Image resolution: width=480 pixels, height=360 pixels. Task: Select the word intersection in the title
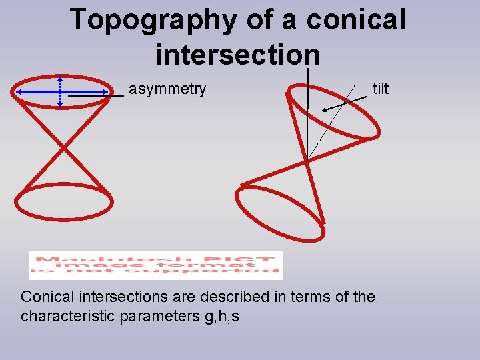(237, 53)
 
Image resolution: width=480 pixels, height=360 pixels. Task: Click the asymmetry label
(167, 89)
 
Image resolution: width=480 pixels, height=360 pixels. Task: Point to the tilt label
(380, 89)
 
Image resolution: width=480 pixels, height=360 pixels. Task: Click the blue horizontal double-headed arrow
(40, 92)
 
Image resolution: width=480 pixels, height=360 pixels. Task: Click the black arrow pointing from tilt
(343, 104)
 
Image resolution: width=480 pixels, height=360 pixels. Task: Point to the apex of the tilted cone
(307, 160)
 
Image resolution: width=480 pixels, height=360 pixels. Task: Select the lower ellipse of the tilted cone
(281, 213)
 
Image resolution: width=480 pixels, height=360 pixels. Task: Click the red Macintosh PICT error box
(156, 265)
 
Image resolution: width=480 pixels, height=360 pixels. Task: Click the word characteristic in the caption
(67, 315)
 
